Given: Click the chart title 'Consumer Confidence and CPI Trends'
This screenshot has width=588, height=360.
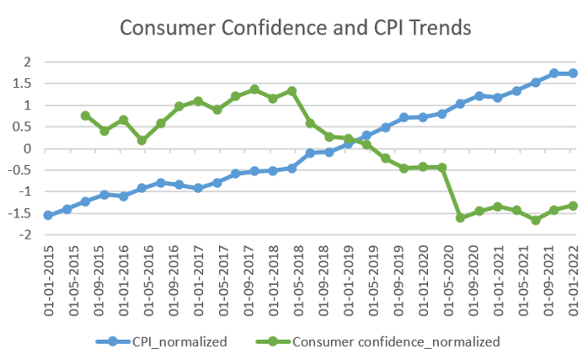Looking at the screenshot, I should [295, 27].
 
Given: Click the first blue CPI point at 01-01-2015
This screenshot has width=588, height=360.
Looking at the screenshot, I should [48, 216].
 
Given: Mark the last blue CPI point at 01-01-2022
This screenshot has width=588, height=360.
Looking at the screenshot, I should [573, 73].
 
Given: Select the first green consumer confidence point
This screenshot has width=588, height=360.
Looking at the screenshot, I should [85, 116].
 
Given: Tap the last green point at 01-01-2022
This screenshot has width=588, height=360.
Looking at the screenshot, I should [573, 206].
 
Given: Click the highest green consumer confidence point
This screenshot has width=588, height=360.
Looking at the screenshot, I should [254, 89].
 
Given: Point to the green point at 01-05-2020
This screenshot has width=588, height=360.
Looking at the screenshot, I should [441, 168].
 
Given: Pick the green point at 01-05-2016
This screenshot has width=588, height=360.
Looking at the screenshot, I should [142, 140].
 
